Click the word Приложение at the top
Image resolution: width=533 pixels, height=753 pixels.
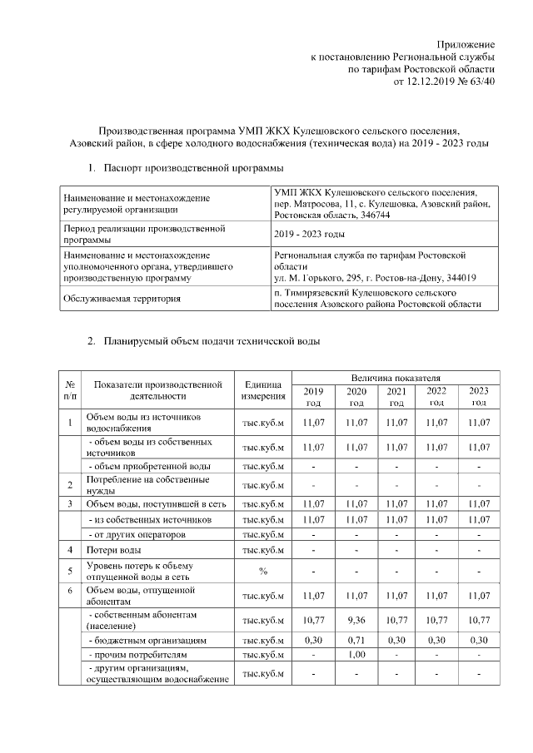click(467, 43)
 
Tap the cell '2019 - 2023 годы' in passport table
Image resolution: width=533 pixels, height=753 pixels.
click(310, 234)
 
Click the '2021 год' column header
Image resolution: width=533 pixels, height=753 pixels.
click(397, 397)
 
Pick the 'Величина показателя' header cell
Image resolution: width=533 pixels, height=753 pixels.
click(396, 379)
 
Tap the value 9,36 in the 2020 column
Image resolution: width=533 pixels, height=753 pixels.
click(356, 620)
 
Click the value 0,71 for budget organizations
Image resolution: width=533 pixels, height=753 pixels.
click(356, 642)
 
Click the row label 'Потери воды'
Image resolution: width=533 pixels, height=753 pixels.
click(114, 550)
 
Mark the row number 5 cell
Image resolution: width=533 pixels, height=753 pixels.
click(71, 571)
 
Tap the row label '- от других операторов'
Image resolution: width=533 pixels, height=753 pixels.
click(137, 534)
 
